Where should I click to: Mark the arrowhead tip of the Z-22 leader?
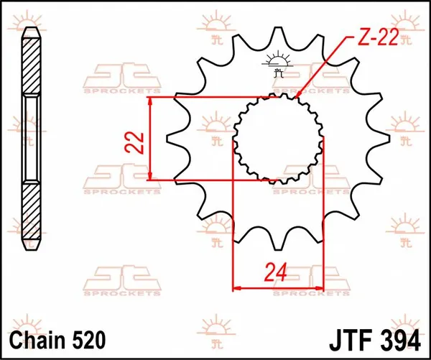295,97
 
